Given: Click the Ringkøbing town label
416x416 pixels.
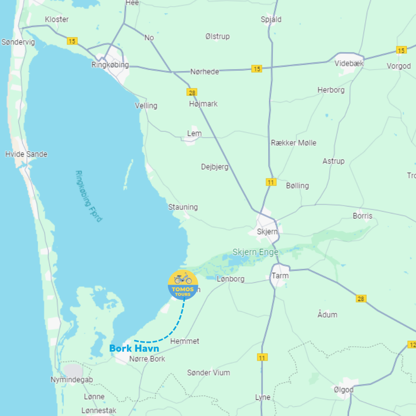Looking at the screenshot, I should tap(110, 65).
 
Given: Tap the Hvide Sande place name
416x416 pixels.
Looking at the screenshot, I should tap(26, 154).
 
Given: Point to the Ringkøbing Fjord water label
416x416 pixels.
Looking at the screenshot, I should tap(89, 196).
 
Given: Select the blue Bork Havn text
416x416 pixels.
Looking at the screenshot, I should tap(134, 349).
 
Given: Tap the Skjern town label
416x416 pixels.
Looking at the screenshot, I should tap(267, 232).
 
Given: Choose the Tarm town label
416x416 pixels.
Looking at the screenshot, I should tap(280, 276).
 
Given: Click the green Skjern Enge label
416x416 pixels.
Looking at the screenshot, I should tap(255, 252).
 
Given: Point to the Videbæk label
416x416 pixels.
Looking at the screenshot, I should tap(349, 64).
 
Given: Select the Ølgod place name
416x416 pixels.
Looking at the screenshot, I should tap(344, 390).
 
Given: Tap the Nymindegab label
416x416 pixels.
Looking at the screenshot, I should tap(72, 380).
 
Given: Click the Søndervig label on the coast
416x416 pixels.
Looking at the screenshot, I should tap(18, 42).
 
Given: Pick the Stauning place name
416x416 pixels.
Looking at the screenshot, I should tap(183, 207).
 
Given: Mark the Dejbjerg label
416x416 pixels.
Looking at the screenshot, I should tap(215, 167).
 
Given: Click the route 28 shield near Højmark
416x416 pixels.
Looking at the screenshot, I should tap(192, 92).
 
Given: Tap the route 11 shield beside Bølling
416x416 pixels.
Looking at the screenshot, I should tap(271, 182).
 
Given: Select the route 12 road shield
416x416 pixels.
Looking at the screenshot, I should tap(412, 344).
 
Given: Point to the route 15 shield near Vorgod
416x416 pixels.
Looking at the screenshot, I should tap(401, 50).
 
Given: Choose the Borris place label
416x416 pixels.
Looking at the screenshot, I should tap(362, 216).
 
